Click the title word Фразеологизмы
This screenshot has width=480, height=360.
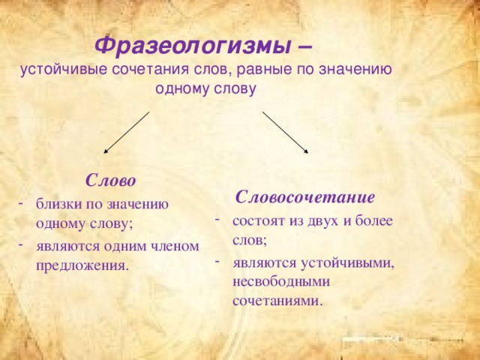pos(192,46)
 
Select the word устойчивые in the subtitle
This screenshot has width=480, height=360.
pos(64,70)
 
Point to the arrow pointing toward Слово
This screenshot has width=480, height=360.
pos(127,132)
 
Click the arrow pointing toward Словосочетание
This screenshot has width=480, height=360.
pos(285,132)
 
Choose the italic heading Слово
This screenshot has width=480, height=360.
pos(110,180)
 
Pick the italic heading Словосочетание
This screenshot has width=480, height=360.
pos(305,196)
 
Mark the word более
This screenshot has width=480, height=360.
pos(373,220)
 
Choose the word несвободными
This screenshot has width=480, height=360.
pos(281,281)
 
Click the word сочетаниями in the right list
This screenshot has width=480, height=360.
pos(278,301)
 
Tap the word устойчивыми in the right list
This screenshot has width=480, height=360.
pos(347,262)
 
